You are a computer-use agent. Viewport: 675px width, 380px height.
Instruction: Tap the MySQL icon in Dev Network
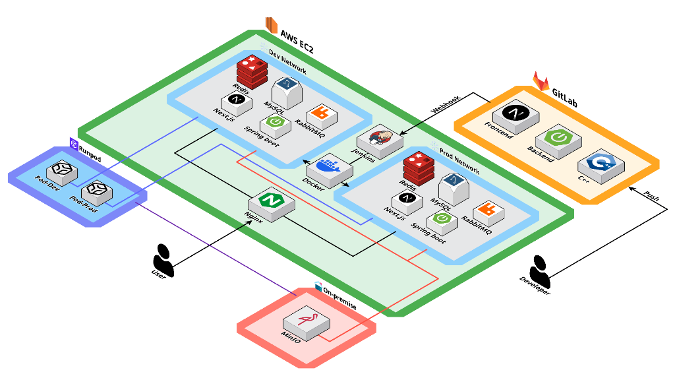point(287,88)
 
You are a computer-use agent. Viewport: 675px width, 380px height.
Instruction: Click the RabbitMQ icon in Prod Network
point(488,210)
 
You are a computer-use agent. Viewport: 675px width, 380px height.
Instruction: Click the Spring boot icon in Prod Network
point(440,221)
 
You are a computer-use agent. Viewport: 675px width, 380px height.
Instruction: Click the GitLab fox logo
point(541,81)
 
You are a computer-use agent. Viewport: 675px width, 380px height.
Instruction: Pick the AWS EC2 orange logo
point(271,25)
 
